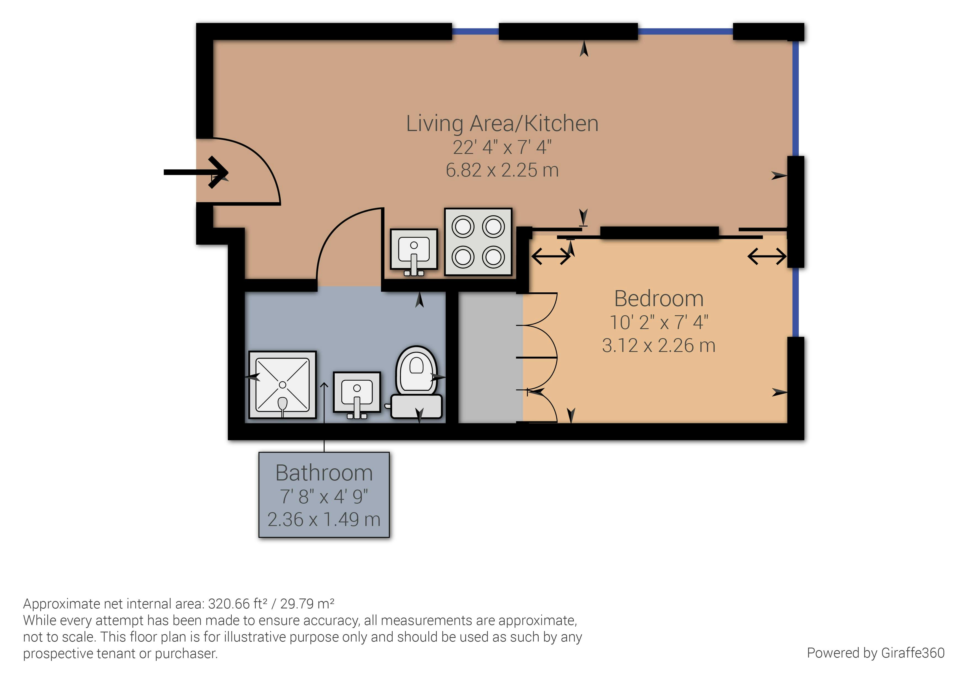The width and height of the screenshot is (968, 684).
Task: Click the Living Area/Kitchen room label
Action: (x=502, y=124)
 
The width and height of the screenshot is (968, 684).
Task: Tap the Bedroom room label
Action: (x=659, y=298)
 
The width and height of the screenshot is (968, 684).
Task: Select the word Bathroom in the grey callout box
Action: (x=324, y=472)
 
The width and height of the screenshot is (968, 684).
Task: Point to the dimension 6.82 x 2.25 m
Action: (x=502, y=170)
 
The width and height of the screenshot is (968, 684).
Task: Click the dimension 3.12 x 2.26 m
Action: (x=659, y=346)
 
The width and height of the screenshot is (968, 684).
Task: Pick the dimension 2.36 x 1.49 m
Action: (x=324, y=519)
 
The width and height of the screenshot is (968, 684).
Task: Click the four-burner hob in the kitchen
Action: (x=478, y=242)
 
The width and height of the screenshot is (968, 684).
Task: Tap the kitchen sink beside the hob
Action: (x=414, y=252)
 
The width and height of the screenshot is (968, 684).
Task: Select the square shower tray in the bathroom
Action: (x=283, y=385)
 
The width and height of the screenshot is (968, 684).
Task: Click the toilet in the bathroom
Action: (x=416, y=383)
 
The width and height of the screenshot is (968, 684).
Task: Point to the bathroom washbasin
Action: (x=357, y=394)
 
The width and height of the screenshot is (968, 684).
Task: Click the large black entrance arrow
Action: (x=196, y=172)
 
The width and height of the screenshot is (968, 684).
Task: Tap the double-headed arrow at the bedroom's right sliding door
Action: (x=767, y=256)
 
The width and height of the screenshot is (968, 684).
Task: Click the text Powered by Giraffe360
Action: (x=876, y=653)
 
